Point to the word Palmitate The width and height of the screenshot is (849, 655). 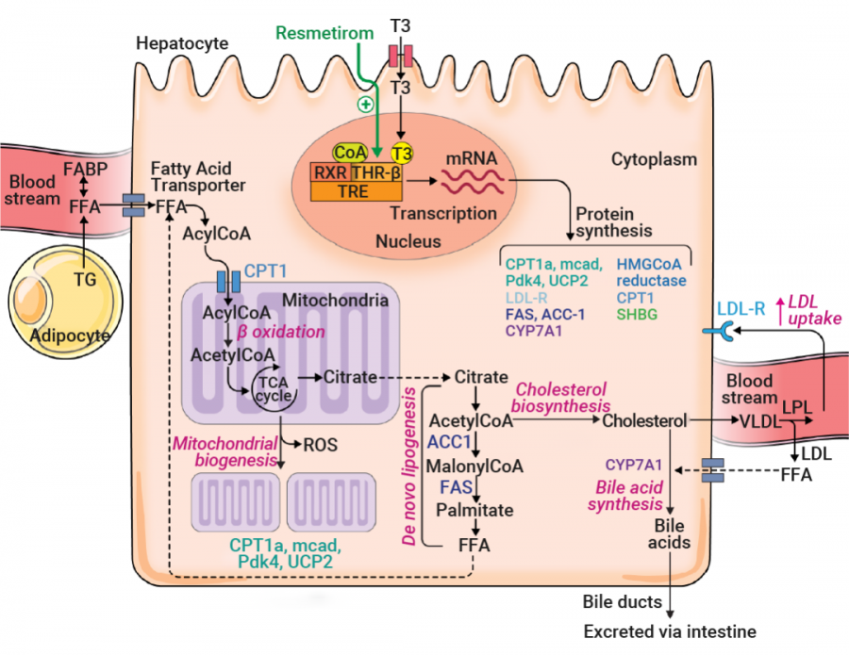(474, 510)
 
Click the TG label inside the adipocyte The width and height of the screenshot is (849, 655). (85, 279)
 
